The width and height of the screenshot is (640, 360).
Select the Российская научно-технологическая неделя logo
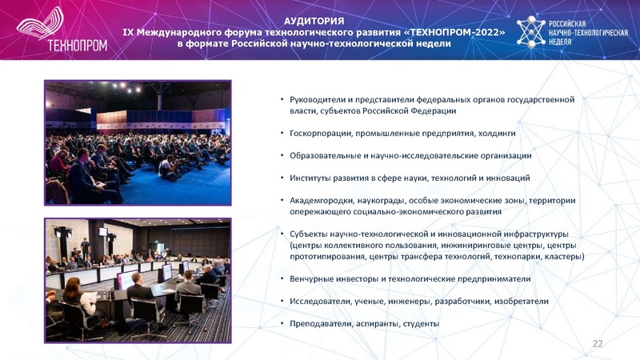(571, 31)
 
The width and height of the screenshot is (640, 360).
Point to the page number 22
(598, 343)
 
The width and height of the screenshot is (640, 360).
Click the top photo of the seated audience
(138, 142)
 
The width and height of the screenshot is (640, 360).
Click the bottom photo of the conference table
(138, 274)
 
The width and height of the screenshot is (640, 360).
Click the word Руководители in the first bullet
(316, 99)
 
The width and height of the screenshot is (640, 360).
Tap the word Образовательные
(325, 155)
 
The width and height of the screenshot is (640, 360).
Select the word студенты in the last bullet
(417, 323)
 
